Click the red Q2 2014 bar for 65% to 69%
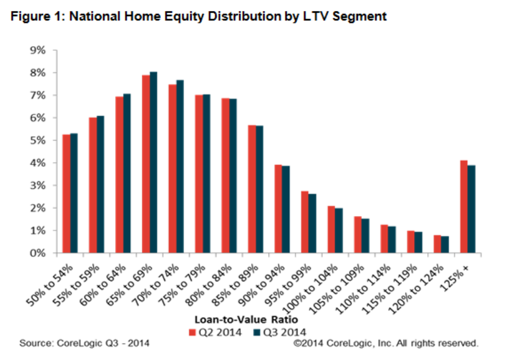pyautogui.click(x=146, y=164)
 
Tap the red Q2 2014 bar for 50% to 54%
pyautogui.click(x=66, y=193)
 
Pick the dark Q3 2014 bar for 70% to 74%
pyautogui.click(x=180, y=166)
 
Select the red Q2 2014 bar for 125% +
pyautogui.click(x=464, y=207)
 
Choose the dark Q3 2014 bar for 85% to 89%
pyautogui.click(x=259, y=189)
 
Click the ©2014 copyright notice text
pyautogui.click(x=386, y=343)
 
